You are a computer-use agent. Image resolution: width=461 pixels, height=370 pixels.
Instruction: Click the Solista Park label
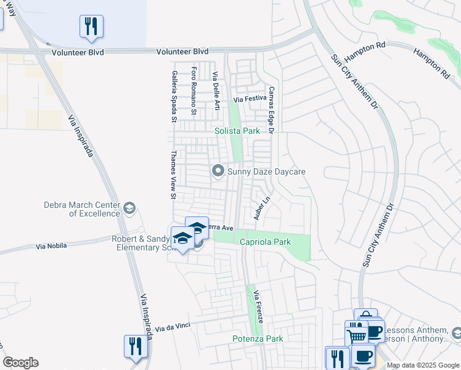[x=237, y=131]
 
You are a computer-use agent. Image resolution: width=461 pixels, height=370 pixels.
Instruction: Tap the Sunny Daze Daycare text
[x=266, y=171]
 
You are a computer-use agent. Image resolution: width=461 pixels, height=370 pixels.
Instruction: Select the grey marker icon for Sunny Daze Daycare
[x=218, y=171]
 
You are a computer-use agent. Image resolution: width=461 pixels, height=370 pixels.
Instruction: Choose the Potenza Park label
[x=258, y=339]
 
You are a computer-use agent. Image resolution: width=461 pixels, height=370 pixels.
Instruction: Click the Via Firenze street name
[x=259, y=308]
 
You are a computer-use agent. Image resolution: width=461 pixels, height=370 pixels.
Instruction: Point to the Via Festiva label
[x=250, y=99]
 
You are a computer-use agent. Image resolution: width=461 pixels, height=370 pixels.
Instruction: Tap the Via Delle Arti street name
[x=216, y=91]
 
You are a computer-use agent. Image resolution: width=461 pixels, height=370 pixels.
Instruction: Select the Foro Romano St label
[x=194, y=91]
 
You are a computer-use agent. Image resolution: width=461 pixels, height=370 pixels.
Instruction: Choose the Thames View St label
[x=174, y=176]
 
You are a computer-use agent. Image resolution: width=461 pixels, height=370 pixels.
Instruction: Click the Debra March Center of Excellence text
[x=81, y=209]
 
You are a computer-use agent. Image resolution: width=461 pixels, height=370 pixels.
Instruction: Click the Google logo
[x=20, y=363]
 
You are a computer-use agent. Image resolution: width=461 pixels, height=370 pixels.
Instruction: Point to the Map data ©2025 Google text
[x=423, y=366]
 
